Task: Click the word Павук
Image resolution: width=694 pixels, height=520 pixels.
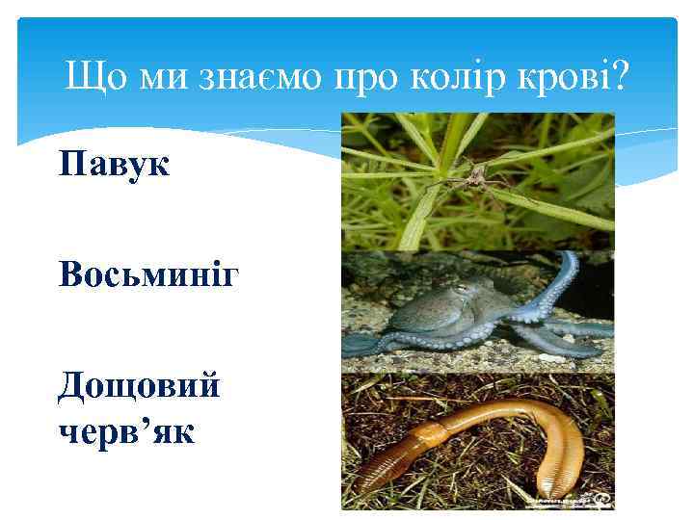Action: coord(114,164)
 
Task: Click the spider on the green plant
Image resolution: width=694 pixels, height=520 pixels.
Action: coord(471,173)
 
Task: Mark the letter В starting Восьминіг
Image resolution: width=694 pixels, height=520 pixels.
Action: coord(70,275)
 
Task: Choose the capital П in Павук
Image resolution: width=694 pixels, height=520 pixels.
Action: coord(70,164)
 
